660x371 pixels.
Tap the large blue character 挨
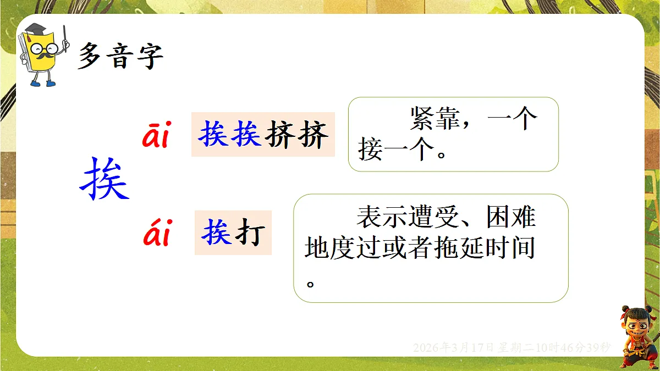[x=105, y=179]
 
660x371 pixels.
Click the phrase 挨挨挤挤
[x=263, y=134]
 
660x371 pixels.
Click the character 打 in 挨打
[x=250, y=233]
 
